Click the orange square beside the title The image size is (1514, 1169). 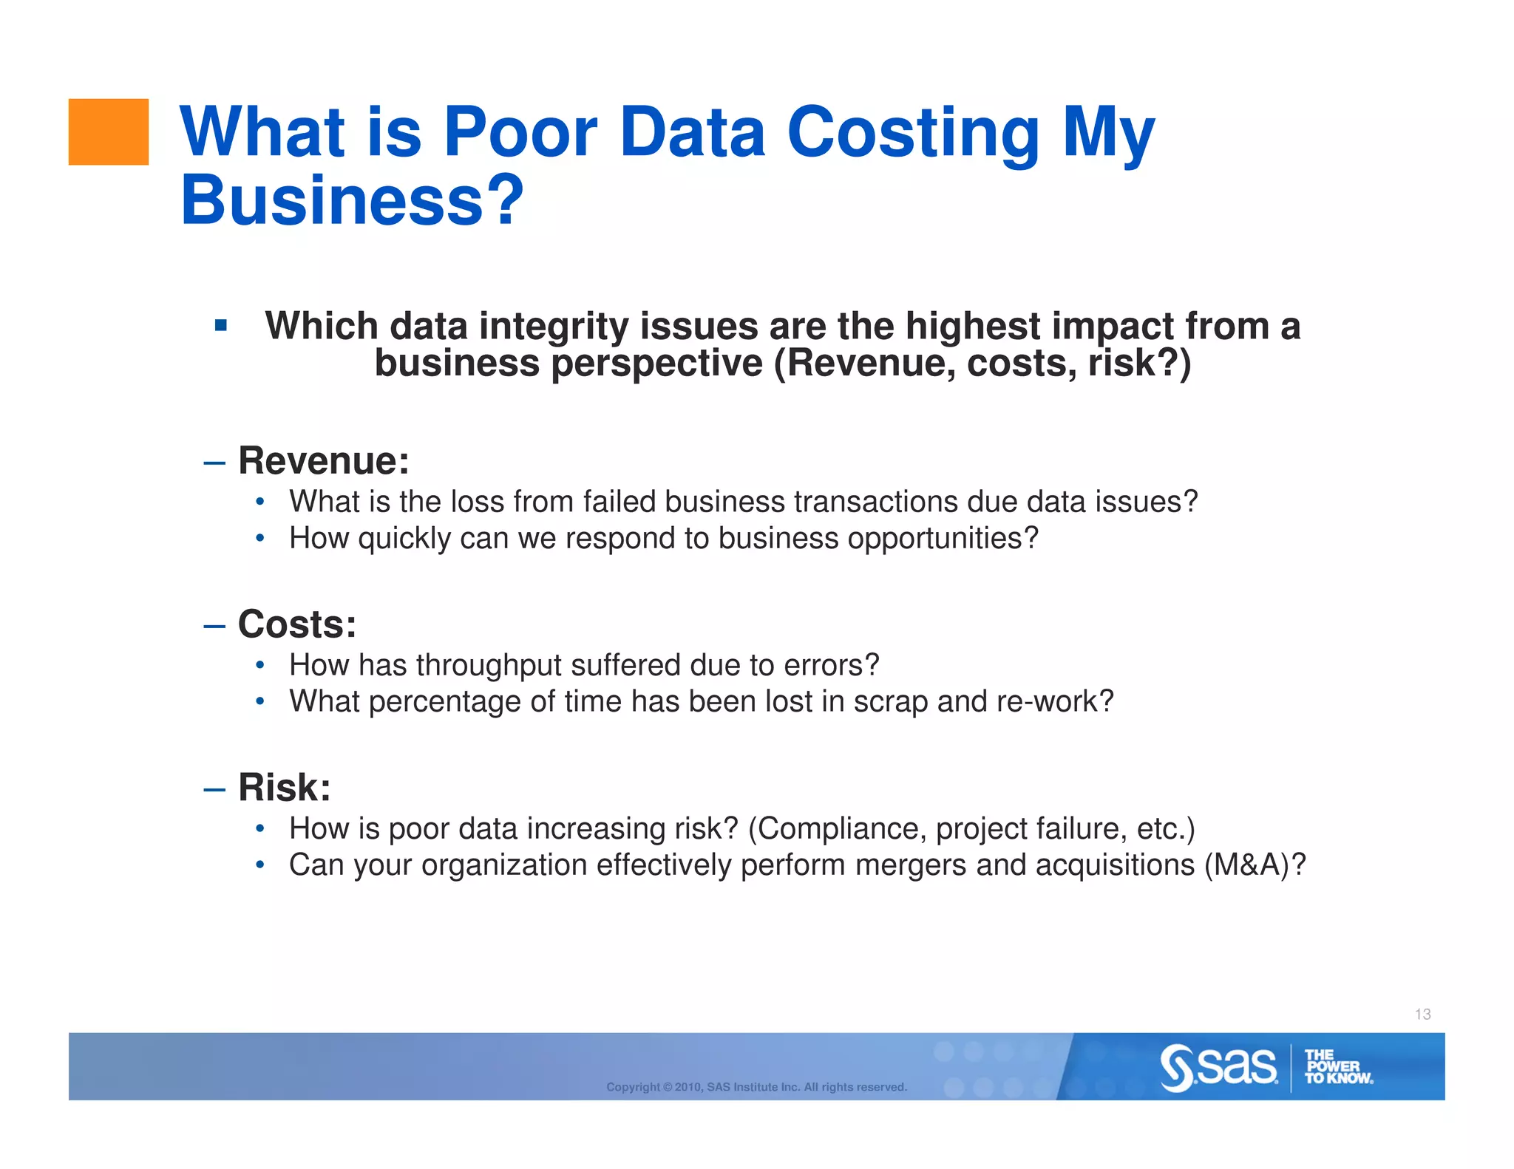coord(108,132)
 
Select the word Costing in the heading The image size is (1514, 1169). coord(913,133)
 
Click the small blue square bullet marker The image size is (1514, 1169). coord(220,325)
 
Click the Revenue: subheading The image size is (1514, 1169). coord(323,461)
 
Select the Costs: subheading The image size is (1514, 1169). coord(296,624)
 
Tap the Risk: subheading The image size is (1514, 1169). coord(284,788)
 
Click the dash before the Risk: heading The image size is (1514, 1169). coord(214,789)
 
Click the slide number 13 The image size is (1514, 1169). coord(1422,1015)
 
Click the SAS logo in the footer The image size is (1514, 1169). coord(1218,1067)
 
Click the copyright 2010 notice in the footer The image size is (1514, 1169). coord(756,1087)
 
